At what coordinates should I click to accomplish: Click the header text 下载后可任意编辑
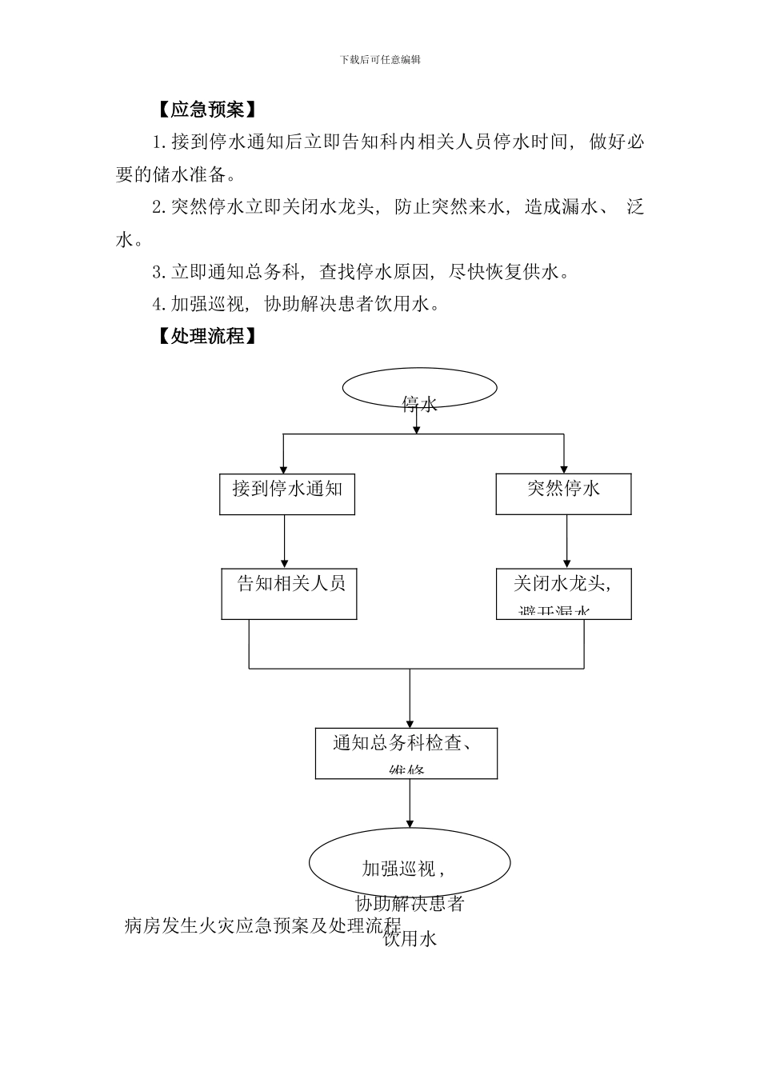coord(380,60)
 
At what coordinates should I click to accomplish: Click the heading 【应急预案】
coord(206,110)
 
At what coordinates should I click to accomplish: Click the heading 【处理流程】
coord(206,336)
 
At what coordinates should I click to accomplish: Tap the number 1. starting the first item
coord(159,142)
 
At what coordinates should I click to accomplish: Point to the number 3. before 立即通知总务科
coord(159,272)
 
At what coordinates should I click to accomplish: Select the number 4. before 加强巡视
coord(159,304)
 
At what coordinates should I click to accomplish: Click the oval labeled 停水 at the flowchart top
coord(419,389)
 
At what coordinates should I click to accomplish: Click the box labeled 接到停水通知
coord(287,494)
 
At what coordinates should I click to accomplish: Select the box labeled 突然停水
coord(563,494)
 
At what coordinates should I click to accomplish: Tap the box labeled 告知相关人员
coord(289,593)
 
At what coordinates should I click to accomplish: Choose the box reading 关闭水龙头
coord(563,593)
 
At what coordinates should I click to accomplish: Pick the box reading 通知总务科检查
coord(406,753)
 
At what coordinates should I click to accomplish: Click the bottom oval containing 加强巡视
coord(410,863)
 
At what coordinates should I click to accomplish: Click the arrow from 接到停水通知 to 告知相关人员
coord(284,541)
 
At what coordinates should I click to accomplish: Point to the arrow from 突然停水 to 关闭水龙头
coord(567,541)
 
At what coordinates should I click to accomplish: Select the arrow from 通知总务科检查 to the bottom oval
coord(410,802)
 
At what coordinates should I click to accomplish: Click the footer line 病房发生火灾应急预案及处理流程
coord(263,926)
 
